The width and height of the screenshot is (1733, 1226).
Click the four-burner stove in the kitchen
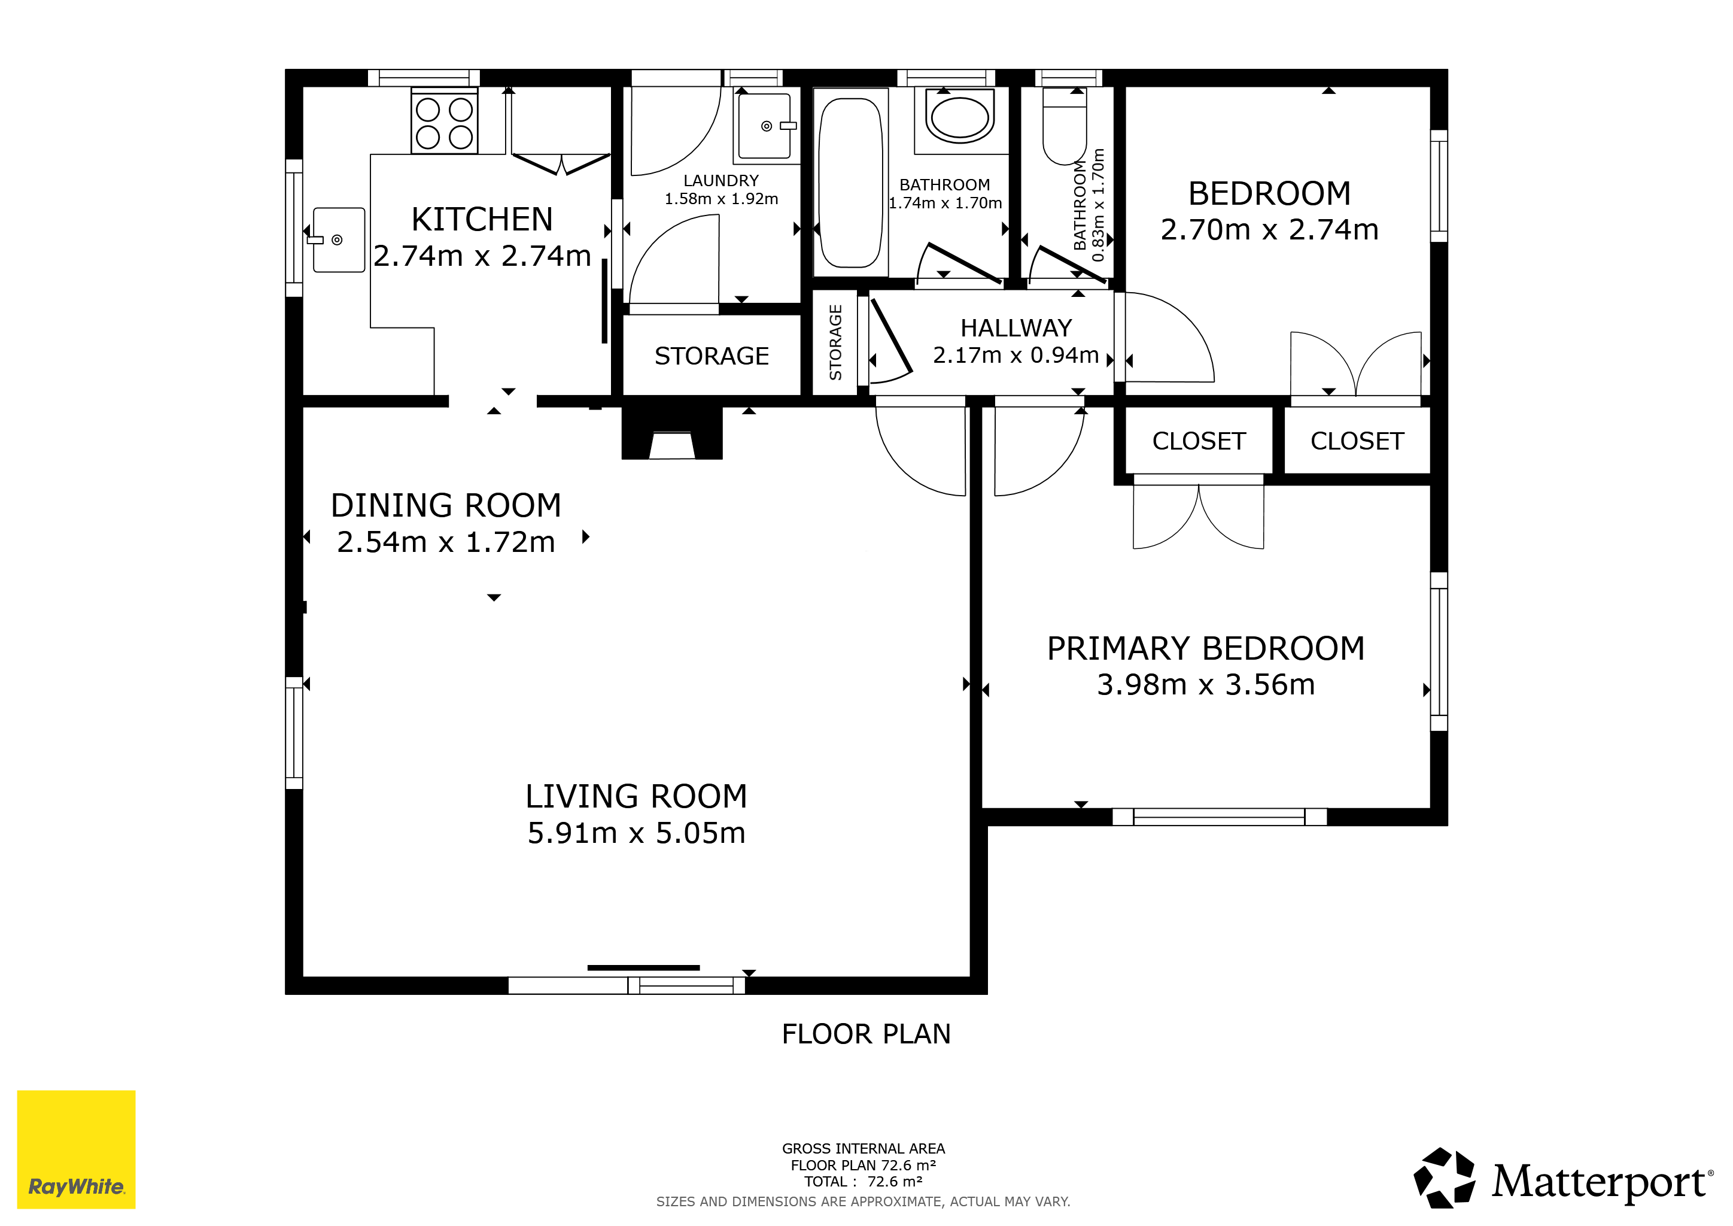click(445, 122)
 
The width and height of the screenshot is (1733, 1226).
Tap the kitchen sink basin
click(339, 240)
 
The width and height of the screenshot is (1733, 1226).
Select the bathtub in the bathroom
click(851, 183)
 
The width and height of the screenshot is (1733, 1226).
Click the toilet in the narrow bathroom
click(1064, 126)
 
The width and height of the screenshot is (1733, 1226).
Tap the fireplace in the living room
click(672, 433)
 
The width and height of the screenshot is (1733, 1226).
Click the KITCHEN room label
click(482, 220)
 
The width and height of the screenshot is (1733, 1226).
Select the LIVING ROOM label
click(636, 796)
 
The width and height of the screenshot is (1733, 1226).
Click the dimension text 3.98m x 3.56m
click(1205, 685)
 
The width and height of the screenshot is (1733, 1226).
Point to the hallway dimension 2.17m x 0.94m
click(1016, 355)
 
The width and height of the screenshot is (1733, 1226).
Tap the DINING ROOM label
click(446, 506)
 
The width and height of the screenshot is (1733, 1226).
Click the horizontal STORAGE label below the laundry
click(712, 356)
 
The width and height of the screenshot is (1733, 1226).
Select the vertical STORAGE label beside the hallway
click(835, 342)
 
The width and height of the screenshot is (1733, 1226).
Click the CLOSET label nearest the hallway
click(1199, 441)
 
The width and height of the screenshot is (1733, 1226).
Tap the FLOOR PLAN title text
click(866, 1034)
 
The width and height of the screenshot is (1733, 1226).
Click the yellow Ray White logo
click(76, 1149)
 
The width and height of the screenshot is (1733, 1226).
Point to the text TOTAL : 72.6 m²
click(864, 1182)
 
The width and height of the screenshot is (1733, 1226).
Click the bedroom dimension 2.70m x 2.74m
click(1270, 229)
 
